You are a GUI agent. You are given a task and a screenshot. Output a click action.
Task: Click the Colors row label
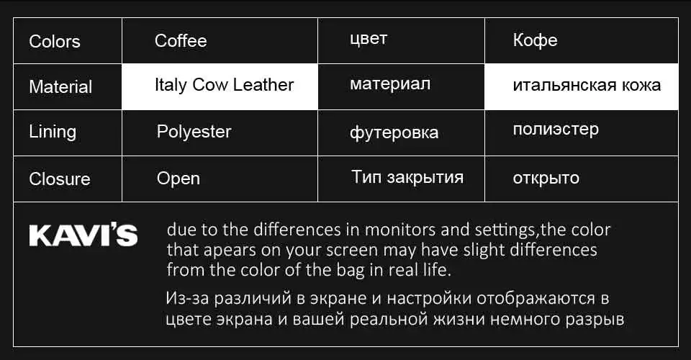[x=55, y=41]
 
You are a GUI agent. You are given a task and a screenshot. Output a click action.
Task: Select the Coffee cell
[x=181, y=41]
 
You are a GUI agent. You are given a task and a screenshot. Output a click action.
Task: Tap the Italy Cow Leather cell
[x=224, y=85]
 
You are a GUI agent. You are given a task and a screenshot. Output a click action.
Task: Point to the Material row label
[x=60, y=87]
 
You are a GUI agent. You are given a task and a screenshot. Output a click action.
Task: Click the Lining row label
[x=53, y=132]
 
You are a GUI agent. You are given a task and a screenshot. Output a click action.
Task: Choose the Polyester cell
[x=194, y=132]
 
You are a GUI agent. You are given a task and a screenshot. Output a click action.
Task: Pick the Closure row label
[x=60, y=179]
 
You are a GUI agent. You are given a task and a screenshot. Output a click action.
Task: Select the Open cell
[x=179, y=179]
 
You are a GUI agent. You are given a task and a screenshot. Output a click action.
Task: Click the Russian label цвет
[x=369, y=40]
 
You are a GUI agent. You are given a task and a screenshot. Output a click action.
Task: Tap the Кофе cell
[x=535, y=40]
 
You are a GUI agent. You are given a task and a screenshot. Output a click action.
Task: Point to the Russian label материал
[x=390, y=84]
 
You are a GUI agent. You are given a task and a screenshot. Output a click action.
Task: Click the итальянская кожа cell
[x=587, y=86]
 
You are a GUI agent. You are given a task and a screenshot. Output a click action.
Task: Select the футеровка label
[x=394, y=132]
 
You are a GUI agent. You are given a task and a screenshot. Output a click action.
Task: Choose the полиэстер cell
[x=556, y=130]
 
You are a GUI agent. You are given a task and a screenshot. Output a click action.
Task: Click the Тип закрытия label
[x=407, y=177]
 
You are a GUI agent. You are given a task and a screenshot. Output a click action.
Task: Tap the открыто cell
[x=546, y=178]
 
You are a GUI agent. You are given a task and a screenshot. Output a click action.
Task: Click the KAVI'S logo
[x=83, y=235]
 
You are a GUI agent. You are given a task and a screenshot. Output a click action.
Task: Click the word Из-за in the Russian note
[x=186, y=297]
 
